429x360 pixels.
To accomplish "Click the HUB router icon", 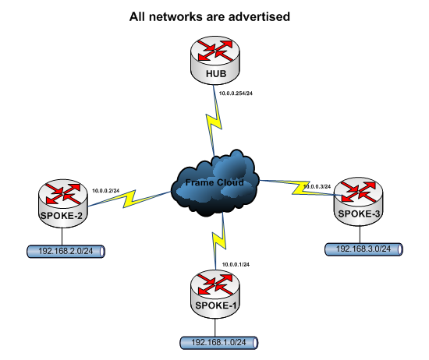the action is click(215, 60).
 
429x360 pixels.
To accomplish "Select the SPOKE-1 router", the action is click(215, 294).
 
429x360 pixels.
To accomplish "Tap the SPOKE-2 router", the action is click(63, 203).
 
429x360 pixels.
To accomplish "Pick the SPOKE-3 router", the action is click(359, 202).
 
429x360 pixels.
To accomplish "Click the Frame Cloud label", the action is click(214, 182).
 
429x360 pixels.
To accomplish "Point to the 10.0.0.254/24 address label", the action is click(236, 94).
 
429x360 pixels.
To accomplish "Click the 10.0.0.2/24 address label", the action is click(105, 191).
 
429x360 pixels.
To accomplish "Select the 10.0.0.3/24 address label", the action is click(317, 187).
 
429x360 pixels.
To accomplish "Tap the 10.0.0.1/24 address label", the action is click(236, 265).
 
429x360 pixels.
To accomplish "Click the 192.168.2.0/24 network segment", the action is click(66, 252).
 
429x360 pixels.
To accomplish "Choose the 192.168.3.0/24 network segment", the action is click(363, 249).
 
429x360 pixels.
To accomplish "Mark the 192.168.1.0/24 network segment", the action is click(219, 343).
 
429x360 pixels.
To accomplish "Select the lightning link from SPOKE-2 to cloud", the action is click(129, 199).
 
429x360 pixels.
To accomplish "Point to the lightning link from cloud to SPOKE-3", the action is click(300, 188).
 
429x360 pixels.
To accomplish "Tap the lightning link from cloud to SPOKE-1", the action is click(219, 241).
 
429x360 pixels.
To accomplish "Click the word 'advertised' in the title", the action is click(259, 16).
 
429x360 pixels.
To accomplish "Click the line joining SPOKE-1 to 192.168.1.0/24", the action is click(215, 327).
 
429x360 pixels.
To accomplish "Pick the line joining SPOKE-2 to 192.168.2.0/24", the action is click(62, 236).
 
